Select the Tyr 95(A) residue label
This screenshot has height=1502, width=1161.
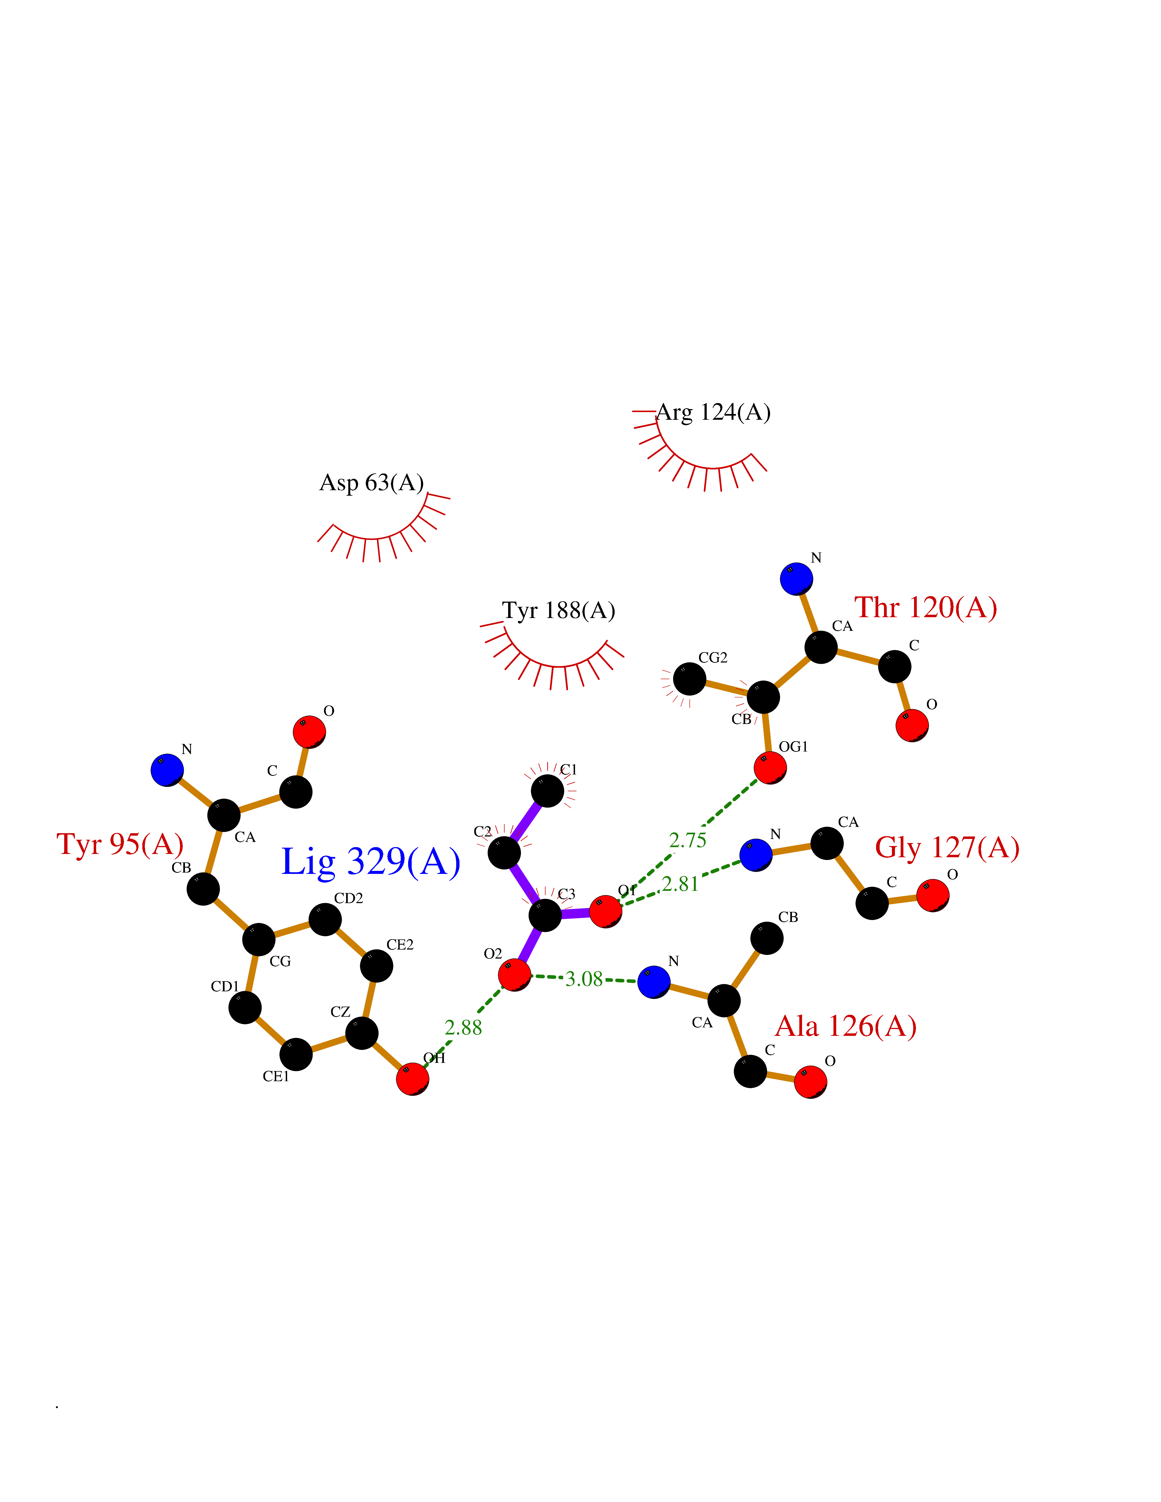click(120, 844)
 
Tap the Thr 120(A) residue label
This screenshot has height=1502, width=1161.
click(925, 608)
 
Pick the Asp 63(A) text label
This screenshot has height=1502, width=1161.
click(372, 483)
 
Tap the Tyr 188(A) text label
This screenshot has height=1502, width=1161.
click(558, 610)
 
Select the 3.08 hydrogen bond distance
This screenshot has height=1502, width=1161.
click(584, 979)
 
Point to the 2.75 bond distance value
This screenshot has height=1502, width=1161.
click(688, 840)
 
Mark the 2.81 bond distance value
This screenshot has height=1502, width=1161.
click(680, 884)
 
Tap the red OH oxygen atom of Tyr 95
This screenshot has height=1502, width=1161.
click(413, 1078)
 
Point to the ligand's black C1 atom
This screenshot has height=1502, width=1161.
click(547, 791)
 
